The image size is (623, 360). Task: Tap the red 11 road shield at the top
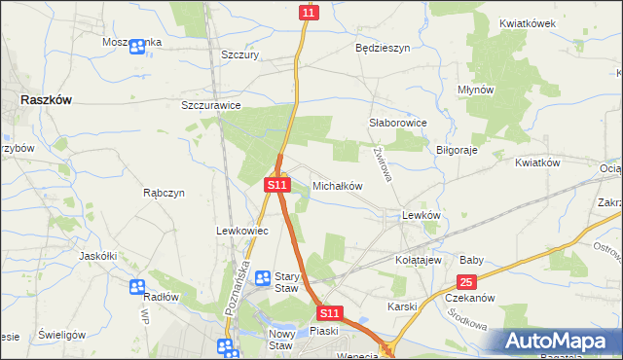pos(309,12)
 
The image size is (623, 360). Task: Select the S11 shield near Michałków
pos(277,184)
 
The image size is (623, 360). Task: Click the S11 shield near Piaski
pos(330,313)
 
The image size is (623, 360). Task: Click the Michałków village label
pos(337,185)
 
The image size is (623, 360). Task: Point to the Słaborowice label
pos(398,124)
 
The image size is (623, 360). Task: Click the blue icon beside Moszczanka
pos(137,46)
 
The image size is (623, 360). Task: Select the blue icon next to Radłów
pos(137,287)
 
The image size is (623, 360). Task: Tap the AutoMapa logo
pos(557,341)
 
